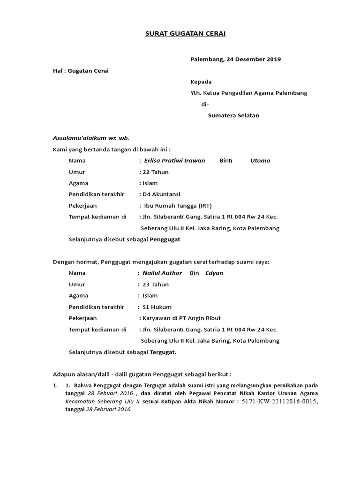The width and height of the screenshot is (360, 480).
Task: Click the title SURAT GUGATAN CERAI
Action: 180,34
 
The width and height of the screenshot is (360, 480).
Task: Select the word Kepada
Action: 201,82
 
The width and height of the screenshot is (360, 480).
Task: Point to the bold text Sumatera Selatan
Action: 233,115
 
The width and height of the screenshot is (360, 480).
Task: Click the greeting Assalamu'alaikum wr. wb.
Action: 90,138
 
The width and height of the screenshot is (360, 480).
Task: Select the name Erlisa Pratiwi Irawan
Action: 174,160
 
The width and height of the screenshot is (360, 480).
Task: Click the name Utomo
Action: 260,160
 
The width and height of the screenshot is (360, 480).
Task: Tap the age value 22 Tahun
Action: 156,172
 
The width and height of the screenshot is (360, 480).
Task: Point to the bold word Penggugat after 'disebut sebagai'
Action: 165,239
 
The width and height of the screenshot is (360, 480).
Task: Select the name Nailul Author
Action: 162,273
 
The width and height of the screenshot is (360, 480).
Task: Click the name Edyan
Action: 214,273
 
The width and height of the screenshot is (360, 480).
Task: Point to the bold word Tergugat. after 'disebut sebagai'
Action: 163,352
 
